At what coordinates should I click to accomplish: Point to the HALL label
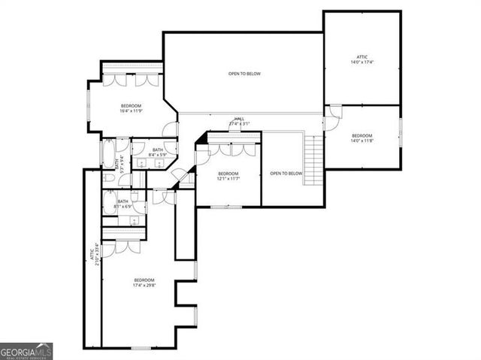(x=239, y=121)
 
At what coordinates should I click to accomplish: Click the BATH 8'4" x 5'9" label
(x=158, y=153)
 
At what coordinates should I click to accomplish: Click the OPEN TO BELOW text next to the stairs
(x=286, y=174)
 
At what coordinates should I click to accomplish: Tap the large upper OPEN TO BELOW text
(x=244, y=74)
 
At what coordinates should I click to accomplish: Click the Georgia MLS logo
(x=26, y=350)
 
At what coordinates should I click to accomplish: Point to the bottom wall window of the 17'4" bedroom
(x=140, y=347)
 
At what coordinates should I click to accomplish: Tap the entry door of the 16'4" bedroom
(x=170, y=129)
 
